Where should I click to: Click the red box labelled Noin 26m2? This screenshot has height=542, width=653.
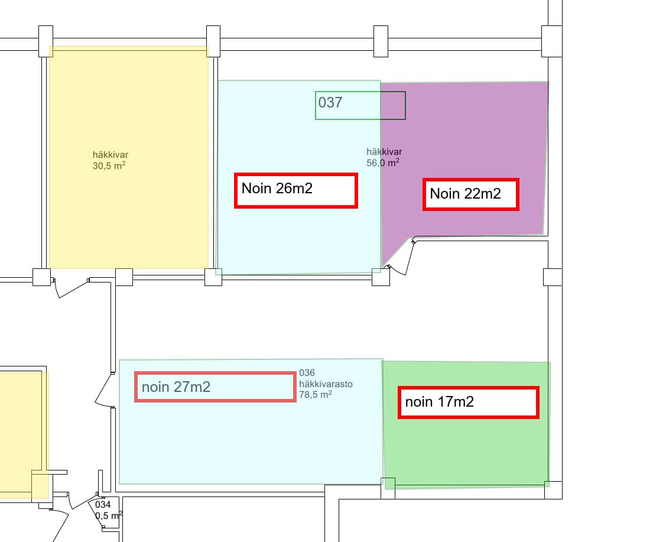point(295,190)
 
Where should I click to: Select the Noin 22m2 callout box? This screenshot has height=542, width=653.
point(470,194)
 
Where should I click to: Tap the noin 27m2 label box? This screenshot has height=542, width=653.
point(215,387)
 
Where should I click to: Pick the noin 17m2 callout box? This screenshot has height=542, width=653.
point(469,403)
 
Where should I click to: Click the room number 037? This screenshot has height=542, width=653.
point(330,102)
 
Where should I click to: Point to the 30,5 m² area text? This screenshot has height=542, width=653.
point(109,165)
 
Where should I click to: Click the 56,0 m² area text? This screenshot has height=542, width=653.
point(383,163)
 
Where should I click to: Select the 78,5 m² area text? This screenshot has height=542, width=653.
point(315,394)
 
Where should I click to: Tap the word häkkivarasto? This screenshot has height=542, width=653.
point(326,384)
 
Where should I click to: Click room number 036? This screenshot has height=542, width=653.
point(307,373)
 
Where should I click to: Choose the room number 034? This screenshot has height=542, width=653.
point(103,505)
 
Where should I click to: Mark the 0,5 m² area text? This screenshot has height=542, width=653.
point(109,515)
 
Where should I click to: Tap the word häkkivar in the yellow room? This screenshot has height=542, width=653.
point(111,154)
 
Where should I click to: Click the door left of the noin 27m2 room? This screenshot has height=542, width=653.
point(104,390)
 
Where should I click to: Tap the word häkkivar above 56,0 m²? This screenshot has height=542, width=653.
point(384,152)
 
